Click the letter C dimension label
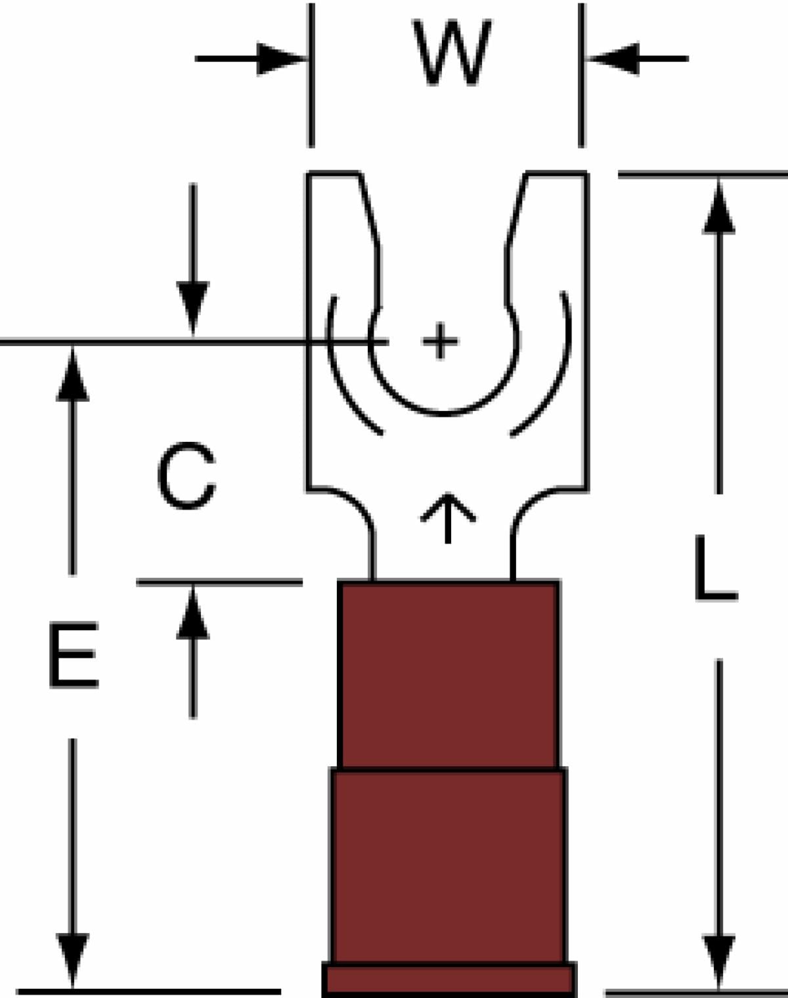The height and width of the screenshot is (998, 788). coord(186,475)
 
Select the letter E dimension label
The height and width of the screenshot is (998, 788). coord(74,655)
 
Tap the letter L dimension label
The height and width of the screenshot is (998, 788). coord(716,568)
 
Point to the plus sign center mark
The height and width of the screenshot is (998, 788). coord(440,341)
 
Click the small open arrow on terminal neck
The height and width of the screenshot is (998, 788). coord(448,517)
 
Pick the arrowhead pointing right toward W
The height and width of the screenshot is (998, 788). coord(280,58)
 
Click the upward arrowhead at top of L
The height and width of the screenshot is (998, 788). coord(719,207)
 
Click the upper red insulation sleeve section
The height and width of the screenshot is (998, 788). coord(449,674)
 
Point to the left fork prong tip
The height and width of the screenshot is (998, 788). coord(333,173)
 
